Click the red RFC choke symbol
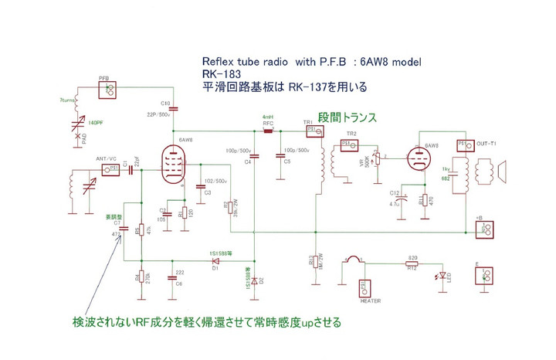(268, 131)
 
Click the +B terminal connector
(486, 229)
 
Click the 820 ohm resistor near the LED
(412, 263)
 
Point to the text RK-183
(218, 75)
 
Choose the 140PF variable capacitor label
(95, 123)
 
